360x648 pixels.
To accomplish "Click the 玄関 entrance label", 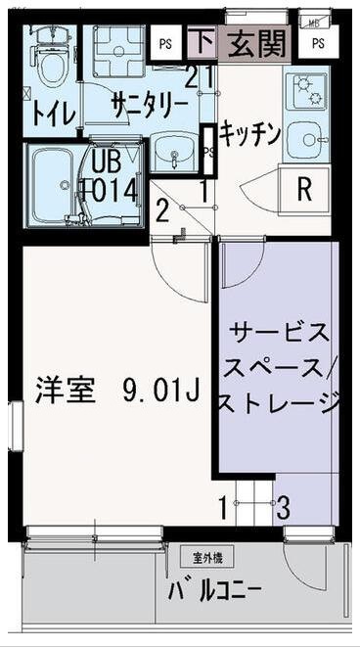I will [x=256, y=43].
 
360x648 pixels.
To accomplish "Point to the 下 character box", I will [x=202, y=42].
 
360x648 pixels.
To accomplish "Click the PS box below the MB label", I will [x=318, y=43].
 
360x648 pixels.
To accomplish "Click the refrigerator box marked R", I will [x=303, y=188].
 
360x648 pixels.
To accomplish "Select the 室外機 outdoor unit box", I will [x=206, y=558].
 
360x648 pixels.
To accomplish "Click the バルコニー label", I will [x=214, y=591].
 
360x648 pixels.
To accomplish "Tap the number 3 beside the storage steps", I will [x=282, y=507].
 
